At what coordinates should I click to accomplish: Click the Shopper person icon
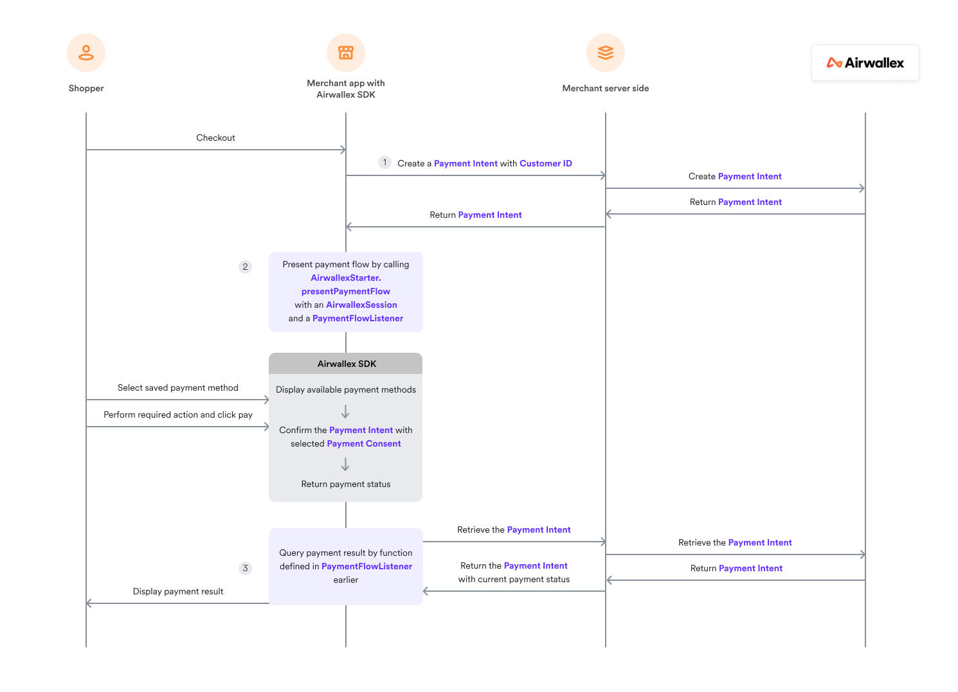pyautogui.click(x=86, y=53)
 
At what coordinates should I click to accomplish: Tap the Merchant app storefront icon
pyautogui.click(x=346, y=53)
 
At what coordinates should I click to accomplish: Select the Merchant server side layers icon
pyautogui.click(x=606, y=53)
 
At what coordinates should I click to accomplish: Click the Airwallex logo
pyautogui.click(x=865, y=63)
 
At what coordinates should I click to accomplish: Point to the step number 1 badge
pyautogui.click(x=384, y=163)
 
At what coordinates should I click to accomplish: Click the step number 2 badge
pyautogui.click(x=245, y=267)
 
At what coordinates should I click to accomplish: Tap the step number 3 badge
pyautogui.click(x=245, y=568)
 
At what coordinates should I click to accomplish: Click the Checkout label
pyautogui.click(x=215, y=138)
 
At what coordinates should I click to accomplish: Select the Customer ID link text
pyautogui.click(x=546, y=164)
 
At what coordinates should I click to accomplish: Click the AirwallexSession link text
pyautogui.click(x=361, y=305)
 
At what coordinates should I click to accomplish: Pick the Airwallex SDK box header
pyautogui.click(x=346, y=364)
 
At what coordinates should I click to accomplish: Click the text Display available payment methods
pyautogui.click(x=346, y=390)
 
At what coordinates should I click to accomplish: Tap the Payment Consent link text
pyautogui.click(x=364, y=444)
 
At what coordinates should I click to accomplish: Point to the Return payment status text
pyautogui.click(x=346, y=484)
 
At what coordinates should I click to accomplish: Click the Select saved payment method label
pyautogui.click(x=178, y=388)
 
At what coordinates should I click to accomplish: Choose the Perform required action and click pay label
pyautogui.click(x=178, y=415)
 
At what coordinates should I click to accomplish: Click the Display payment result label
pyautogui.click(x=178, y=592)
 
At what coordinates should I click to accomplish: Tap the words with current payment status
pyautogui.click(x=514, y=580)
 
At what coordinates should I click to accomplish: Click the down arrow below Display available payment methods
pyautogui.click(x=345, y=412)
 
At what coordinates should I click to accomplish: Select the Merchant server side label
pyautogui.click(x=606, y=89)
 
